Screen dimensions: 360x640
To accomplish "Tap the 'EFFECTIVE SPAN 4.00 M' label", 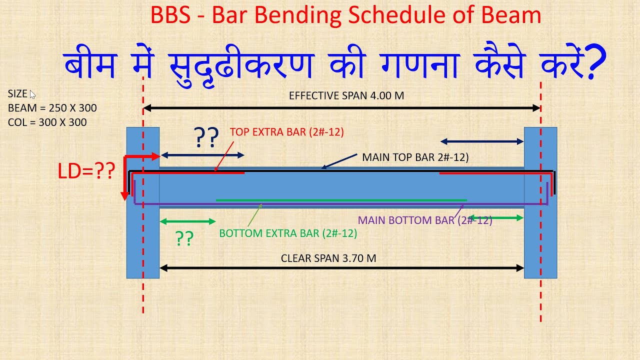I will click(x=346, y=95).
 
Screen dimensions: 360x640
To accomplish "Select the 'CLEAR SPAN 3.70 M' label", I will click(x=328, y=258).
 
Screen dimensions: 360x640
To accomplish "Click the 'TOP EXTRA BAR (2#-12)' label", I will click(x=287, y=132).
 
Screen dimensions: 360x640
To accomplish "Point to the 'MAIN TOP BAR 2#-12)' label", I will click(x=415, y=157).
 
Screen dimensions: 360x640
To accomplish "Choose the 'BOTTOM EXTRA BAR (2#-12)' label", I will click(x=288, y=233).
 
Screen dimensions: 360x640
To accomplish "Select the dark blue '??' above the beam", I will click(x=206, y=137).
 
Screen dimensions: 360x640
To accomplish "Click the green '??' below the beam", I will click(x=184, y=238).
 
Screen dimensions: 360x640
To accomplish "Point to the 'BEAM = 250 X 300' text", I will click(x=52, y=108).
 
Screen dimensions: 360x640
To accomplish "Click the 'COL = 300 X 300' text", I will click(x=47, y=122).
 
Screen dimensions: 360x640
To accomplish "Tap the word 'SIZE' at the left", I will click(x=17, y=93).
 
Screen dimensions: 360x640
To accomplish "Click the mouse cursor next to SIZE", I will click(x=32, y=94).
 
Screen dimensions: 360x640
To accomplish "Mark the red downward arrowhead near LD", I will click(x=125, y=195).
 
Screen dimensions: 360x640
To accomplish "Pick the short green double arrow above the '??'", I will click(x=187, y=221).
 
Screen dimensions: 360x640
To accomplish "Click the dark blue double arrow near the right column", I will click(x=481, y=142).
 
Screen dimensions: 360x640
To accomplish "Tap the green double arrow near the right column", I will click(x=495, y=217).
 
